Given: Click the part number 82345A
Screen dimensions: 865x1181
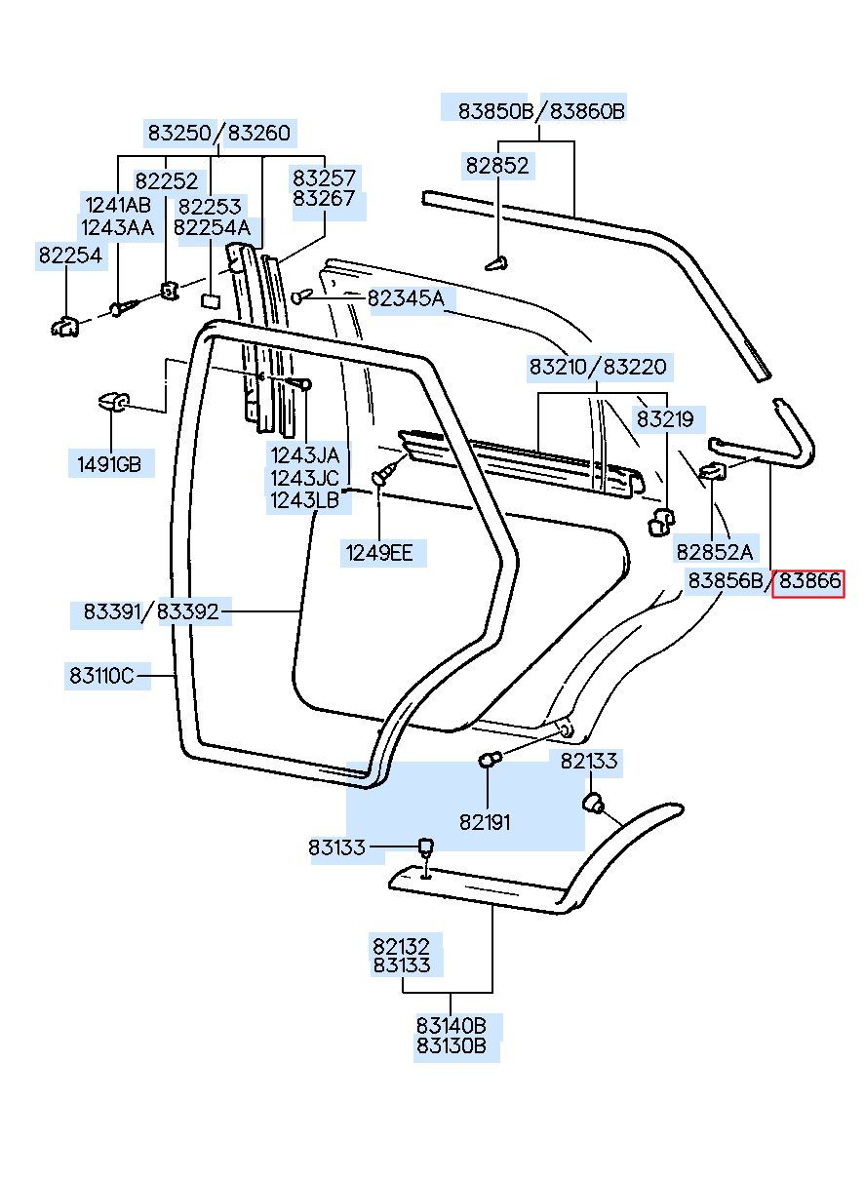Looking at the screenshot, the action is pyautogui.click(x=406, y=299).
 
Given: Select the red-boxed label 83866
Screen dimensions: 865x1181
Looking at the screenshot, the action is pyautogui.click(x=808, y=580).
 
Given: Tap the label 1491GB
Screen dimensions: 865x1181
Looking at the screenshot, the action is pyautogui.click(x=109, y=464).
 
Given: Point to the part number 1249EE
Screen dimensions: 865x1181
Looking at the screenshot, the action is pyautogui.click(x=379, y=553).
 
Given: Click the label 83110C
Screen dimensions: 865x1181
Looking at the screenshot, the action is pyautogui.click(x=101, y=675).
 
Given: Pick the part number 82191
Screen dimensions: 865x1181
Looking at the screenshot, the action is pyautogui.click(x=485, y=822).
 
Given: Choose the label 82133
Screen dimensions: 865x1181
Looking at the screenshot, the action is pyautogui.click(x=588, y=762).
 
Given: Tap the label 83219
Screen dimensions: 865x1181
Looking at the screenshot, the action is pyautogui.click(x=665, y=419).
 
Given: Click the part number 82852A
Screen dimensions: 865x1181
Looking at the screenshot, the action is pyautogui.click(x=714, y=552).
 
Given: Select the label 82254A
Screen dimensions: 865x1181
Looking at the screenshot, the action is pyautogui.click(x=212, y=228).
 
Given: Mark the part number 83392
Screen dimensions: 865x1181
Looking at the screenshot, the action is pyautogui.click(x=187, y=611).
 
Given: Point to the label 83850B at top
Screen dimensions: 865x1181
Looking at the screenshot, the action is pyautogui.click(x=496, y=111).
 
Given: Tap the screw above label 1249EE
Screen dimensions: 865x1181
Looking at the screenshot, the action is pyautogui.click(x=384, y=472).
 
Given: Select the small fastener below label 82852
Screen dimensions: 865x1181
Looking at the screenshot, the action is pyautogui.click(x=496, y=263).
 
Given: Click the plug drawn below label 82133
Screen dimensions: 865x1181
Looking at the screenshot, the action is pyautogui.click(x=594, y=802).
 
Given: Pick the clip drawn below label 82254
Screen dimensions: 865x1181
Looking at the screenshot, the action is pyautogui.click(x=65, y=326).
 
